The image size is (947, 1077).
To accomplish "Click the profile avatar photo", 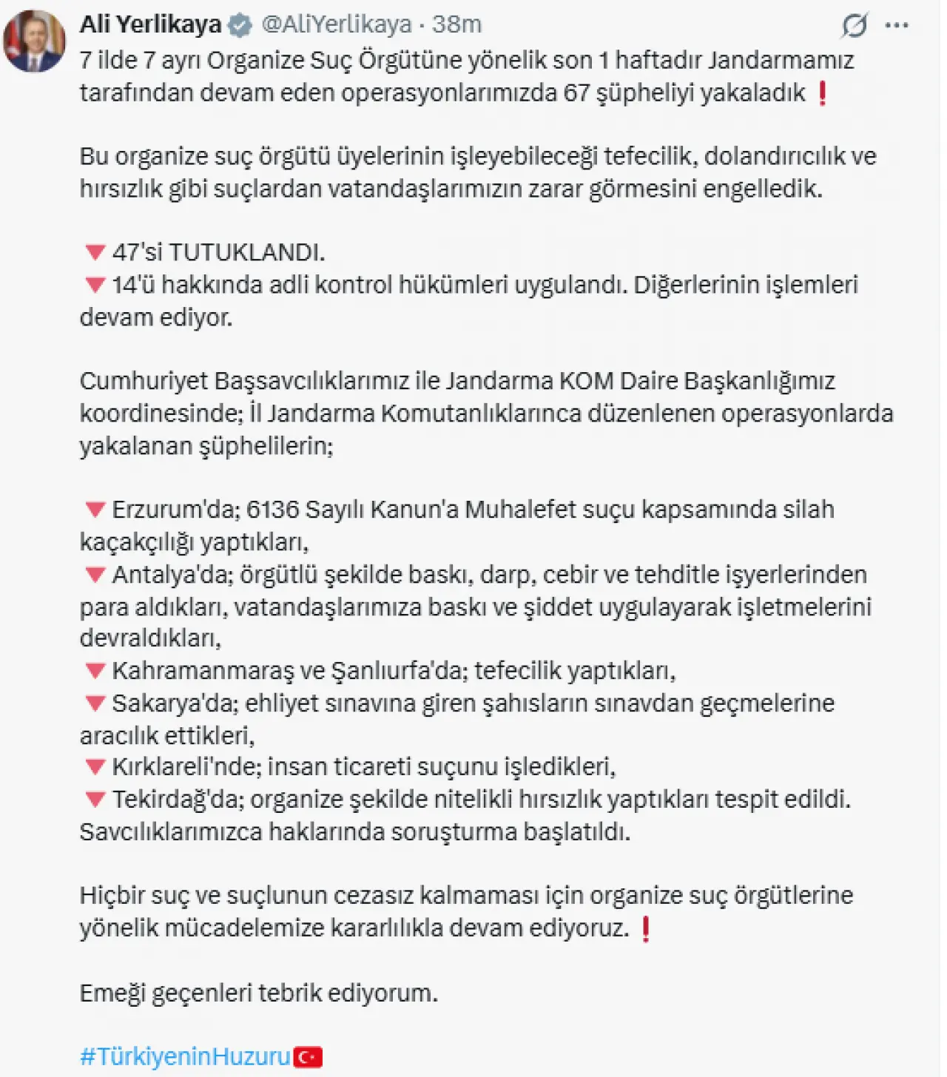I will pos(34,41).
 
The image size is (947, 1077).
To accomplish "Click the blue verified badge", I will pos(240,26).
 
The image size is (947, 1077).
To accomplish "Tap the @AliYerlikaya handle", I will pos(337,24).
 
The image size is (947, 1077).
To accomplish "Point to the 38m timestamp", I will pos(456,24).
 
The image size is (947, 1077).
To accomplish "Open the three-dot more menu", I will pos(897,25).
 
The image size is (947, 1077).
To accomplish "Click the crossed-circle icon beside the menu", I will pos(854,26).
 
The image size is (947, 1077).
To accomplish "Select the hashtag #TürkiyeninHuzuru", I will pos(185,1056).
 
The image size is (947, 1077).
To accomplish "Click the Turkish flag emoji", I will pos(308,1057).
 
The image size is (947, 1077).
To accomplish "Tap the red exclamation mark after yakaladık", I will pos(821,93).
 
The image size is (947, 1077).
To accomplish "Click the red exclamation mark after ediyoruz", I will pos(645,928).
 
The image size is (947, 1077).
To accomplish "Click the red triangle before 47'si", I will pos(95,253).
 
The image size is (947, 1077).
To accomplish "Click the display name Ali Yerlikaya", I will pos(150,24).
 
